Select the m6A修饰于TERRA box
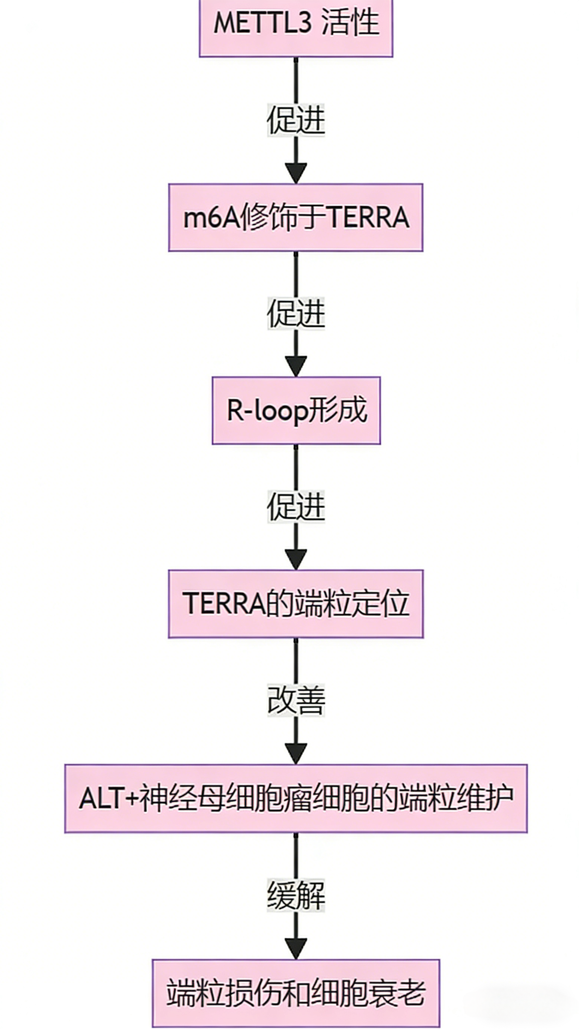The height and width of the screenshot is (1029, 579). [296, 218]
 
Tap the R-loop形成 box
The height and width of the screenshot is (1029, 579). [296, 410]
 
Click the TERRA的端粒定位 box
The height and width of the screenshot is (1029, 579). [296, 603]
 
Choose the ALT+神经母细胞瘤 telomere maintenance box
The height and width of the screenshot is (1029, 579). [296, 799]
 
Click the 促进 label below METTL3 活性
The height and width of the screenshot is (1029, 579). [296, 120]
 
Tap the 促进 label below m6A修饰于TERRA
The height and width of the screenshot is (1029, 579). [296, 313]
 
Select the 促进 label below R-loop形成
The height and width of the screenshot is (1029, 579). [296, 507]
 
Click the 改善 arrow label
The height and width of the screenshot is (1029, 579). [296, 700]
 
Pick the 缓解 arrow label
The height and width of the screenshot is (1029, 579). [296, 895]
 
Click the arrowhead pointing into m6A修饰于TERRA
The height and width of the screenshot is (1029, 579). [296, 173]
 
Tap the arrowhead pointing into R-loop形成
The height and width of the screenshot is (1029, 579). [296, 366]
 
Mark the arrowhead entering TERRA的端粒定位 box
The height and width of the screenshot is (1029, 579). [296, 559]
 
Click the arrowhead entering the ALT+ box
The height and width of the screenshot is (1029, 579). [296, 753]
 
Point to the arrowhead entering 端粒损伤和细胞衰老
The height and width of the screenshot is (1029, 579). [296, 948]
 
